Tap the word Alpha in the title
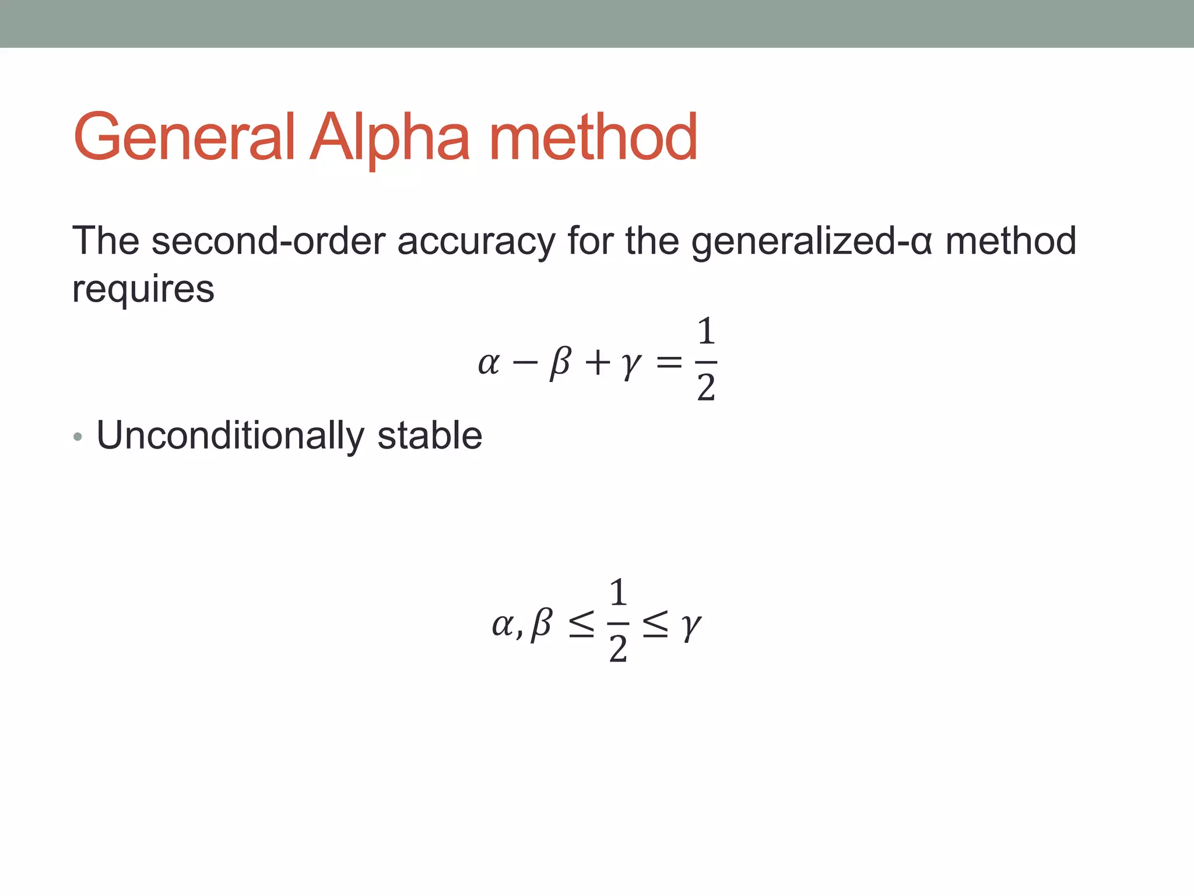(x=389, y=138)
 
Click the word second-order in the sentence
(x=268, y=241)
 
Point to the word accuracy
(x=476, y=241)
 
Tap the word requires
(x=143, y=289)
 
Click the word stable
(x=430, y=436)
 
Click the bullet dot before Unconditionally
(x=78, y=437)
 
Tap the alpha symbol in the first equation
(x=489, y=363)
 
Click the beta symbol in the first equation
(x=560, y=362)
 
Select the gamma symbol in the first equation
(x=631, y=365)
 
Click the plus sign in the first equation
(x=598, y=363)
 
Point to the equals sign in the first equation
(x=668, y=363)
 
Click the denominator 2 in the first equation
(x=706, y=387)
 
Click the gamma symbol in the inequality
(x=691, y=626)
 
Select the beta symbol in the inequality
(x=542, y=624)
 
